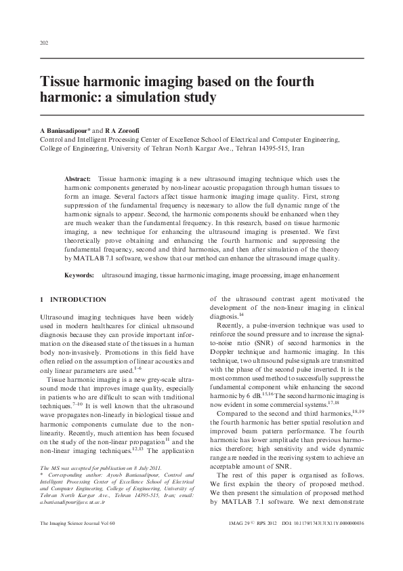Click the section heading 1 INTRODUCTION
coord(73,299)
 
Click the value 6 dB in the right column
coord(259,394)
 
